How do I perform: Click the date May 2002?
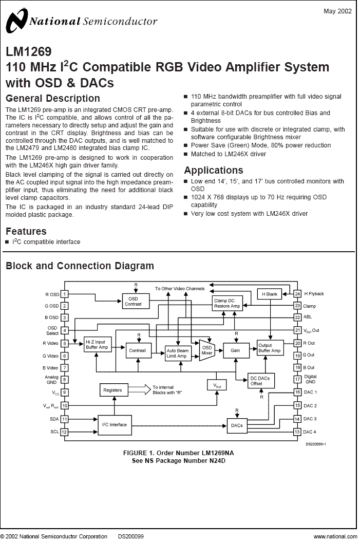click(x=337, y=11)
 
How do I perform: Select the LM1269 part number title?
click(x=29, y=51)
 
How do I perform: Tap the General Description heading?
click(x=53, y=98)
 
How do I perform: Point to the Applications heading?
click(x=214, y=170)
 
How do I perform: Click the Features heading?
click(x=26, y=231)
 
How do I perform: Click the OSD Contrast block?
click(x=133, y=301)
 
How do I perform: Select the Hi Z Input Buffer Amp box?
click(x=98, y=344)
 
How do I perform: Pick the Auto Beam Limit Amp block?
click(x=178, y=353)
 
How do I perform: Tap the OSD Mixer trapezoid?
click(x=206, y=350)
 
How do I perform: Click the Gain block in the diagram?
click(x=236, y=350)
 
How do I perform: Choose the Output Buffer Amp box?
click(x=270, y=348)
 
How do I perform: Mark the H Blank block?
click(x=270, y=294)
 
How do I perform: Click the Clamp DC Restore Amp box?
click(x=228, y=303)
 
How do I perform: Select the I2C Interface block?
click(x=115, y=425)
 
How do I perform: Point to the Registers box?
click(x=113, y=390)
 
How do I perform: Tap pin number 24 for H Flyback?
click(x=297, y=294)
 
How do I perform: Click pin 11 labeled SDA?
click(x=64, y=419)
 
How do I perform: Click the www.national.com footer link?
click(x=335, y=536)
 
